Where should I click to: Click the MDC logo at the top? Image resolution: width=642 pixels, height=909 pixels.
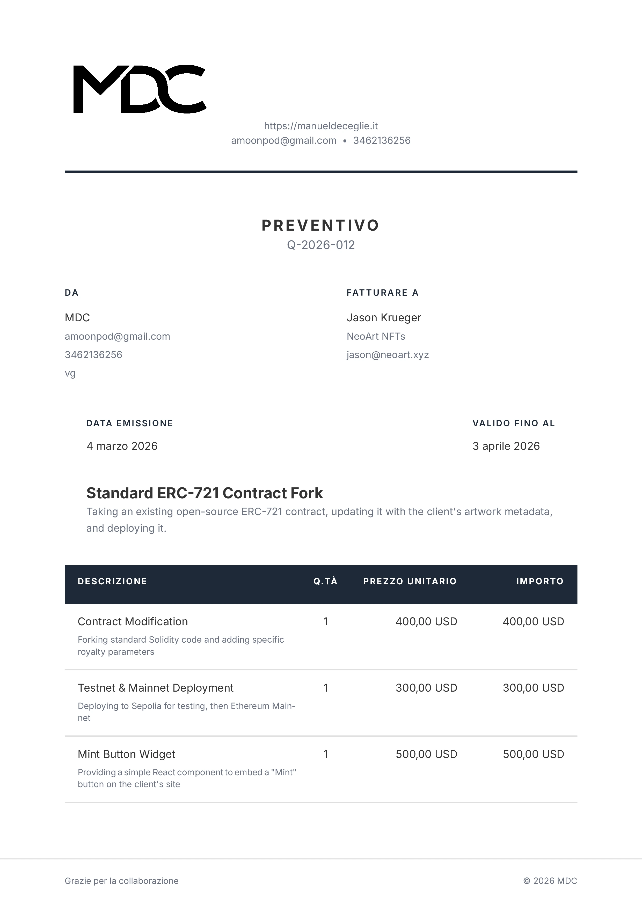click(x=140, y=89)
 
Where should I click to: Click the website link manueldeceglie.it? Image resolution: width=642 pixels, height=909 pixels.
click(x=321, y=126)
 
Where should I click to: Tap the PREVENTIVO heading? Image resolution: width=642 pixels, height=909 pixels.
click(x=321, y=225)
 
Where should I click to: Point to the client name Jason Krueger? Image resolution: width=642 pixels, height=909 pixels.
click(x=384, y=317)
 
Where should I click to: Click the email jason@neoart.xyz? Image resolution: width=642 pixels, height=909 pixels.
click(x=388, y=355)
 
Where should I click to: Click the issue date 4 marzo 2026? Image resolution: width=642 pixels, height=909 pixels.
click(x=122, y=446)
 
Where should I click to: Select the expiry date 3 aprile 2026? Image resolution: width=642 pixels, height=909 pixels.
click(x=506, y=446)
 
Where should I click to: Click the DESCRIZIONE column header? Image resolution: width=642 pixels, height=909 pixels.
click(x=112, y=581)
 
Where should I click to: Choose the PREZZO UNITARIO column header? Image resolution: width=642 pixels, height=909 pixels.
click(x=410, y=581)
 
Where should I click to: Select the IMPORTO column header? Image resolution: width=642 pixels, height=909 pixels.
click(x=539, y=581)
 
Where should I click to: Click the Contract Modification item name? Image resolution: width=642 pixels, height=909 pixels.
click(x=133, y=622)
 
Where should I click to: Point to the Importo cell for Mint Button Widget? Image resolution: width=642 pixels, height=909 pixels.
click(x=533, y=754)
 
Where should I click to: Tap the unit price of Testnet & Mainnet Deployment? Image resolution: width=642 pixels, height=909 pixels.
click(x=426, y=688)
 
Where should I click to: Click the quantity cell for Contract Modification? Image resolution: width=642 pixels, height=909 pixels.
click(x=326, y=622)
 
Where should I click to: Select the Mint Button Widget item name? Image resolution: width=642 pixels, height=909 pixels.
click(x=126, y=754)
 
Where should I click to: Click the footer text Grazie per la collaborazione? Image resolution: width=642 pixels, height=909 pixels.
click(x=121, y=881)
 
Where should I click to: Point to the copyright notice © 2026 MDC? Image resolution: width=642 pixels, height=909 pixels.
click(x=550, y=881)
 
